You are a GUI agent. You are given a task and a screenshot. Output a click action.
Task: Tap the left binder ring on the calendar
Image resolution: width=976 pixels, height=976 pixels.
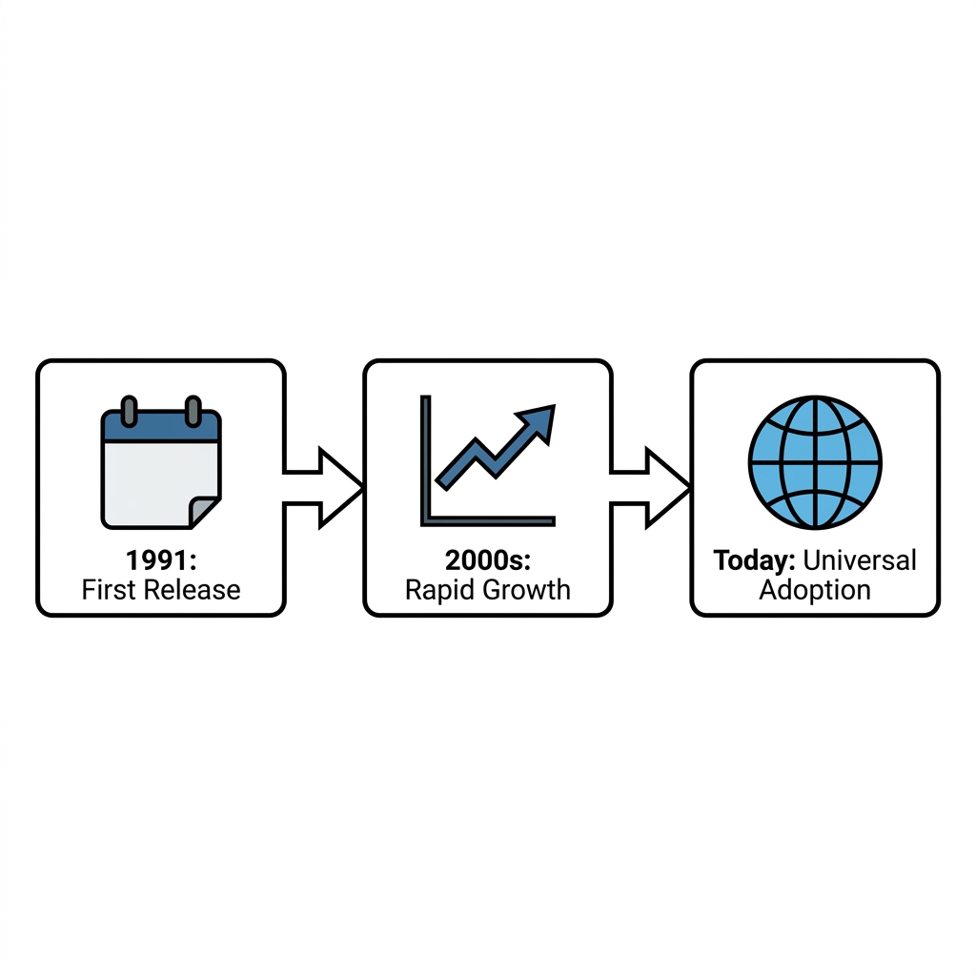[x=129, y=412]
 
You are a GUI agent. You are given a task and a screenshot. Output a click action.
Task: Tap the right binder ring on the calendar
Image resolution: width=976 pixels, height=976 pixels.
[x=193, y=412]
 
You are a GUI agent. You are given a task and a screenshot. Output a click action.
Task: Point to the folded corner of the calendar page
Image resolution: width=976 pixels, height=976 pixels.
[x=205, y=512]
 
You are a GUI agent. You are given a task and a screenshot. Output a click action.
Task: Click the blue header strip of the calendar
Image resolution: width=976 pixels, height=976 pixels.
[x=161, y=427]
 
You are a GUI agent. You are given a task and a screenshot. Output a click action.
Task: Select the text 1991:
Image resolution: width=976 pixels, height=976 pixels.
[x=161, y=560]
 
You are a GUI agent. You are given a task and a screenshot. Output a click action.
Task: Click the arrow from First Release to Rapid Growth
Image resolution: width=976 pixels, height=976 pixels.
[x=323, y=488]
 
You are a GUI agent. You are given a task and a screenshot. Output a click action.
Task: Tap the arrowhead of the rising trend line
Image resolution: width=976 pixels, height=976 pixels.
[x=539, y=421]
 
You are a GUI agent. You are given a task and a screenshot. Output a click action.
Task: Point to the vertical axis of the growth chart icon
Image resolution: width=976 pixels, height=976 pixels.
[x=426, y=459]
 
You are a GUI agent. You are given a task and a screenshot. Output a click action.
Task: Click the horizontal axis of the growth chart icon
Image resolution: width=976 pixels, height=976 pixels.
[x=488, y=521]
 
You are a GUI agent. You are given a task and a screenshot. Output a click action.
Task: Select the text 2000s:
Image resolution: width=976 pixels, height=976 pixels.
[x=488, y=560]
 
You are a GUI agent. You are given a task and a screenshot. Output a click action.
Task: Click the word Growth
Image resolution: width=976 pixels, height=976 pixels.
[x=521, y=589]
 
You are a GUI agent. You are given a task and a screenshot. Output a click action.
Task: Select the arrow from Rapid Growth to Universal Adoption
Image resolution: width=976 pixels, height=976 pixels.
[x=650, y=488]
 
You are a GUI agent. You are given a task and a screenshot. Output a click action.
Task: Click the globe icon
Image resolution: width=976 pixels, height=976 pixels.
[x=815, y=462]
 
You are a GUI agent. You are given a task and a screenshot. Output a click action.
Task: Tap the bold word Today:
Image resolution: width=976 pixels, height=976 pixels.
[x=755, y=560]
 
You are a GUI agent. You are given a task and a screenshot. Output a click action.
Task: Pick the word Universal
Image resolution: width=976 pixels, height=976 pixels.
[x=860, y=560]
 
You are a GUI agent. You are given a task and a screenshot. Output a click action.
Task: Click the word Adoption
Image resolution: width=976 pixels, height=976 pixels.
[x=815, y=590]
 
